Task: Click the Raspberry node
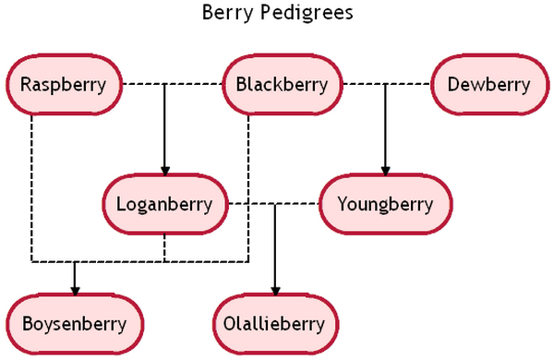pos(64,85)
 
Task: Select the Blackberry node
pos(282,85)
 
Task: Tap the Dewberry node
pos(488,85)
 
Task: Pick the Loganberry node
pos(164,204)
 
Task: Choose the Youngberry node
pos(386,204)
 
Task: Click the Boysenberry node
pos(75,324)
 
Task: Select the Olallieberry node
pos(274,324)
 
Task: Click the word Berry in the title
pos(223,14)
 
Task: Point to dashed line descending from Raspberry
pos(30,185)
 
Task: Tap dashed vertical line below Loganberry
pos(164,247)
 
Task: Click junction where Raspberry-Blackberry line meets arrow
pos(164,85)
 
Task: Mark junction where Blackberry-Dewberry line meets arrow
pos(386,85)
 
